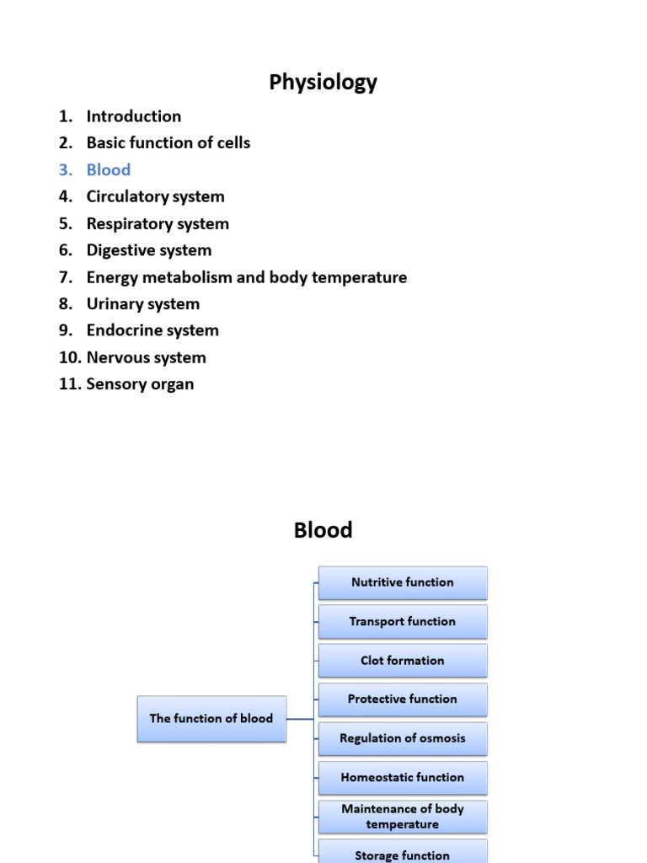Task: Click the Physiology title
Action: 323,83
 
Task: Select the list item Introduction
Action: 133,116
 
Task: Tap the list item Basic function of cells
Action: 168,143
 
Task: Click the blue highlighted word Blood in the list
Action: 109,170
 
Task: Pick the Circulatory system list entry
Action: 155,197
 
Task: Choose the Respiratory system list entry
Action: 158,224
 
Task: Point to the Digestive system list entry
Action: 149,250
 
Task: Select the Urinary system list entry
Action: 142,304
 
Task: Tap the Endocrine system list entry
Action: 152,330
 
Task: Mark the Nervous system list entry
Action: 146,357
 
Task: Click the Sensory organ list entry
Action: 140,384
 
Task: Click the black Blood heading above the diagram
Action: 323,530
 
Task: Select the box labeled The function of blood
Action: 211,719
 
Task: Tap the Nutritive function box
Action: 403,582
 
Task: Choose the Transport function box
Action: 403,622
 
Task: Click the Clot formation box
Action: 403,661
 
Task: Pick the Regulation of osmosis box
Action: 403,738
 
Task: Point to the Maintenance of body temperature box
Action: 403,817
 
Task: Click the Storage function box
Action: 403,853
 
